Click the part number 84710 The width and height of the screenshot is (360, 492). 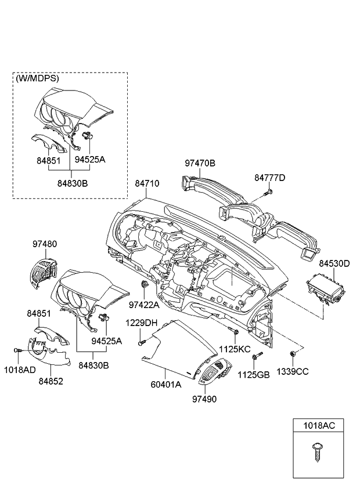[147, 183]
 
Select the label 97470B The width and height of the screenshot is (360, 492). [200, 164]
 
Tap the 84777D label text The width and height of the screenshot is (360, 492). [269, 178]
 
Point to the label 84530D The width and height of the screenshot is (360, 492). [333, 263]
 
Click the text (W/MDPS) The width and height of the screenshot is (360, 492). [38, 78]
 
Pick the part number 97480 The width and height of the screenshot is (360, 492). [44, 244]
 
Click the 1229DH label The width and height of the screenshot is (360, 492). [142, 323]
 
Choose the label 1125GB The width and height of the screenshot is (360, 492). [256, 375]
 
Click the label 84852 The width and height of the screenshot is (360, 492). [51, 381]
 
